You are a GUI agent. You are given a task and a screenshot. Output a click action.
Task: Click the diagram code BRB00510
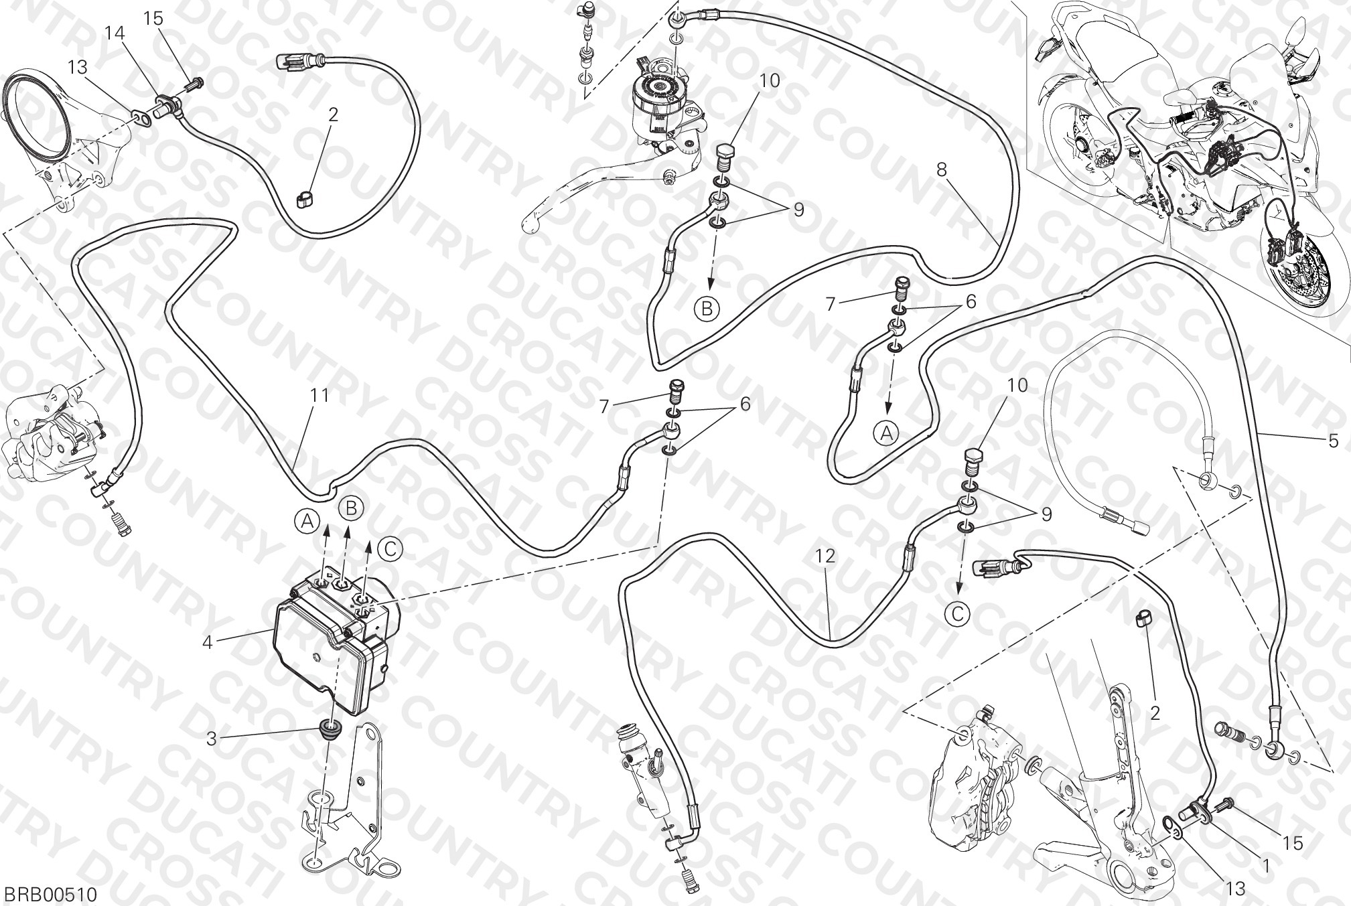(51, 894)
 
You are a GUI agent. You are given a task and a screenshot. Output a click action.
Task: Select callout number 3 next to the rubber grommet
(211, 739)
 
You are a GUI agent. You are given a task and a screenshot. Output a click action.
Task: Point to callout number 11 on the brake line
(320, 396)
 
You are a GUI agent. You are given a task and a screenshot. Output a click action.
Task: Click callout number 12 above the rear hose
(826, 555)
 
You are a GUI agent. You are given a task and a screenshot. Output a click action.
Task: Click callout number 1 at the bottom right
(1265, 866)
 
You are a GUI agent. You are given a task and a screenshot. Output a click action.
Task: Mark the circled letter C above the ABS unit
(389, 548)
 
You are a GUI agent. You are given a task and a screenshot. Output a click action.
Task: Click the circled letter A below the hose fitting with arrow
(885, 433)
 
